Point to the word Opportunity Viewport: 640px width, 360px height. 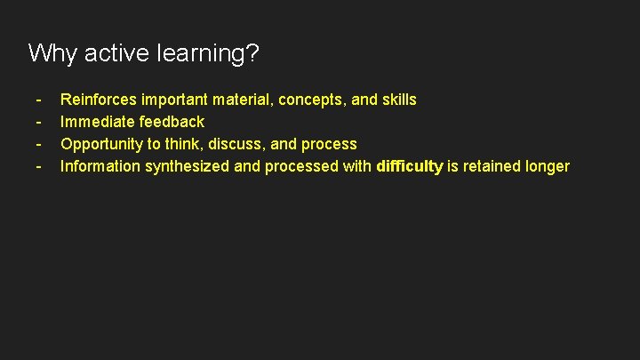click(x=100, y=144)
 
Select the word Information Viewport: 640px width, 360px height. click(x=100, y=166)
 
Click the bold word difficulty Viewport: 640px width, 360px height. click(x=410, y=166)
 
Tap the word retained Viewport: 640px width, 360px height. click(x=489, y=166)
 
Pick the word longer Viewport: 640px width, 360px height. click(x=547, y=167)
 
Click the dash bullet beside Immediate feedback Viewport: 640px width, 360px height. click(x=39, y=122)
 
